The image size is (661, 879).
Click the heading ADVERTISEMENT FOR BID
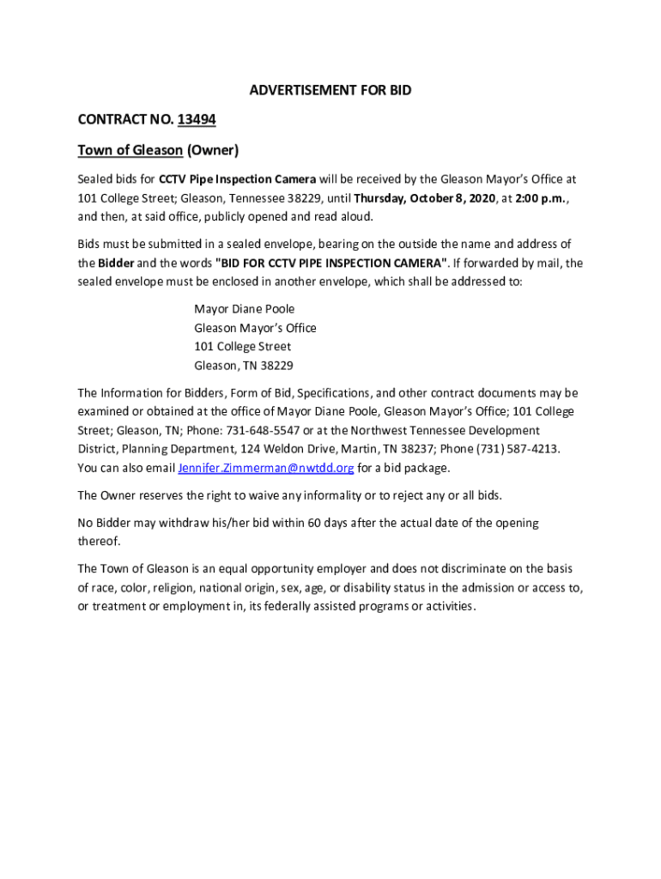pyautogui.click(x=330, y=91)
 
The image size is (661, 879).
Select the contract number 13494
pyautogui.click(x=197, y=120)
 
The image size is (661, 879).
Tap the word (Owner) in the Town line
pyautogui.click(x=212, y=151)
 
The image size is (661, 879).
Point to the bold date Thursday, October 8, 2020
pyautogui.click(x=425, y=198)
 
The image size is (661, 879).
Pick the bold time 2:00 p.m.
pyautogui.click(x=538, y=198)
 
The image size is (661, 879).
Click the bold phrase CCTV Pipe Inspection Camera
pyautogui.click(x=238, y=179)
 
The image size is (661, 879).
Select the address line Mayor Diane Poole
pyautogui.click(x=245, y=309)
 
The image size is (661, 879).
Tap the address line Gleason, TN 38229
pyautogui.click(x=244, y=366)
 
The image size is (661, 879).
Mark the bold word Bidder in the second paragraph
pyautogui.click(x=116, y=263)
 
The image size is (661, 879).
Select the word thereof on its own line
pyautogui.click(x=99, y=542)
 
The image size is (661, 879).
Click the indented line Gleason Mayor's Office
pyautogui.click(x=255, y=328)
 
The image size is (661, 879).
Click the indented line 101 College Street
pyautogui.click(x=242, y=347)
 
